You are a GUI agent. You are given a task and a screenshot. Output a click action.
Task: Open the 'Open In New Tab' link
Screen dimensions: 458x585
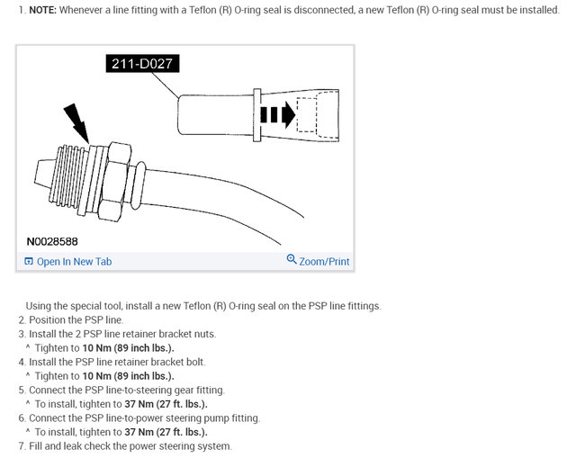[74, 262]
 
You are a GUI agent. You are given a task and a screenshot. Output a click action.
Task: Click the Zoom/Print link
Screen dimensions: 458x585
[324, 262]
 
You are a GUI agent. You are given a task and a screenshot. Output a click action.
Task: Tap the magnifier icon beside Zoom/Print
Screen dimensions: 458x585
[291, 260]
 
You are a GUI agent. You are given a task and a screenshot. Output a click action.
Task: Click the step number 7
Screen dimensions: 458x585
[22, 446]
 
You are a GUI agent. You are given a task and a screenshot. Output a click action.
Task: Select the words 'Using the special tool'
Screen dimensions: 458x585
[75, 306]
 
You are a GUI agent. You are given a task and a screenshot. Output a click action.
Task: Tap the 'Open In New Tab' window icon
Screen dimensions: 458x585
[29, 262]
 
